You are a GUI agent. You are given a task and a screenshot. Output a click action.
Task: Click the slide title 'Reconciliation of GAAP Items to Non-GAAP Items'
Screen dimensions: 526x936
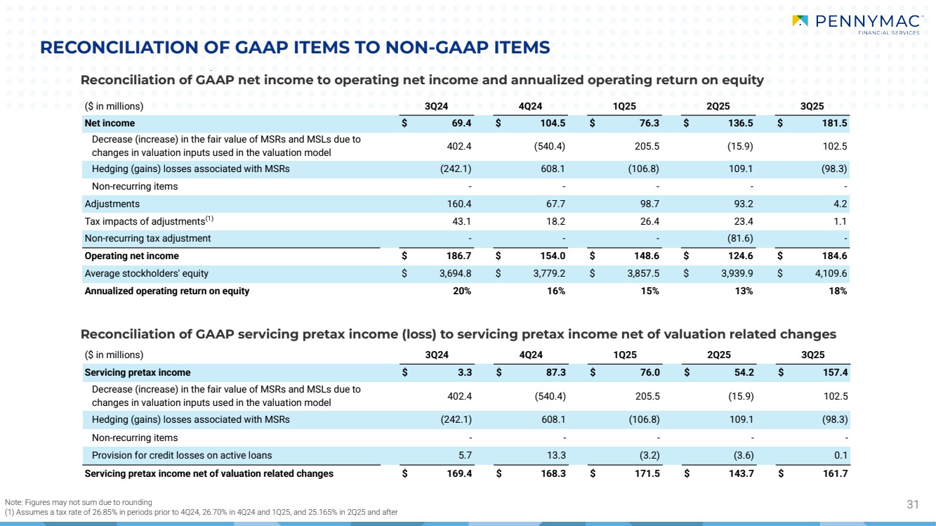pyautogui.click(x=295, y=48)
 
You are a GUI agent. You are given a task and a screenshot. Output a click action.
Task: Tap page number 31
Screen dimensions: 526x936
pyautogui.click(x=913, y=504)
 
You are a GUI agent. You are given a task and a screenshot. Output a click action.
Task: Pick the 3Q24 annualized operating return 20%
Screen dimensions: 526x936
pyautogui.click(x=463, y=291)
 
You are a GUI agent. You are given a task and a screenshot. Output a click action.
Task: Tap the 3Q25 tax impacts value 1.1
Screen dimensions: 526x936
pyautogui.click(x=841, y=221)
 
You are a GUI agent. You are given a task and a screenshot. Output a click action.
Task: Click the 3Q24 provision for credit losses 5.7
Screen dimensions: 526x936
pyautogui.click(x=464, y=455)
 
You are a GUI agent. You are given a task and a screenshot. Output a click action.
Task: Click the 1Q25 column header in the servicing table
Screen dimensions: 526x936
pyautogui.click(x=625, y=355)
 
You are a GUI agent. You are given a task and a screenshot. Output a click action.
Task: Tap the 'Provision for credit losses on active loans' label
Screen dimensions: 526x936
pyautogui.click(x=182, y=455)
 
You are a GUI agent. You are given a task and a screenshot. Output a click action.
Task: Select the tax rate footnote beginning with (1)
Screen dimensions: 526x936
pyautogui.click(x=201, y=512)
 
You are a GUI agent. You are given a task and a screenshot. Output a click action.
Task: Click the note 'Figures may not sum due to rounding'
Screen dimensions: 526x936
pyautogui.click(x=78, y=502)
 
